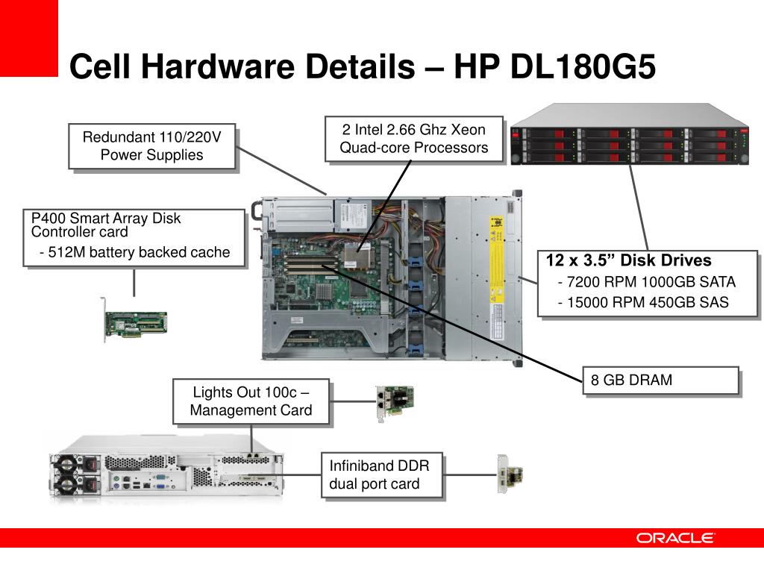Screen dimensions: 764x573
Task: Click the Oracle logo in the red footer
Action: pyautogui.click(x=674, y=538)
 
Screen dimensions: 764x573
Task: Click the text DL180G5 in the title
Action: pyautogui.click(x=582, y=66)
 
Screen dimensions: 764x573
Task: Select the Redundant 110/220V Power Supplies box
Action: pyautogui.click(x=152, y=146)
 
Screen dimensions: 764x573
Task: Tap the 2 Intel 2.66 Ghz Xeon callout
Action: pyautogui.click(x=413, y=138)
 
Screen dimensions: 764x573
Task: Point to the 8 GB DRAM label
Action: pyautogui.click(x=661, y=380)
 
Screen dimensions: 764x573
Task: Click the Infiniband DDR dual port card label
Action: pyautogui.click(x=382, y=475)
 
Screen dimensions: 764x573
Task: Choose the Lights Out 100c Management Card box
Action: pyautogui.click(x=251, y=401)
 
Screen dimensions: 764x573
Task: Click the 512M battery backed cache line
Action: pyautogui.click(x=134, y=252)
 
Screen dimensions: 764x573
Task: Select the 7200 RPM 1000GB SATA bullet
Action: pyautogui.click(x=647, y=281)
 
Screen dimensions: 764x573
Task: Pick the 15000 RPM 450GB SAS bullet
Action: pyautogui.click(x=643, y=302)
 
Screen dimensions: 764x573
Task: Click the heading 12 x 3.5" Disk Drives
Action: pyautogui.click(x=628, y=260)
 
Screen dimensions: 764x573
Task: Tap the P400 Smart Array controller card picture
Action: pyautogui.click(x=135, y=320)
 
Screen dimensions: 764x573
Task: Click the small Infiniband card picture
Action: pyautogui.click(x=510, y=474)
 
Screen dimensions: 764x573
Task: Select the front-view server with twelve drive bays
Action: pyautogui.click(x=630, y=134)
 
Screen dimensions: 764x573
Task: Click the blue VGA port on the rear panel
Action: pyautogui.click(x=159, y=477)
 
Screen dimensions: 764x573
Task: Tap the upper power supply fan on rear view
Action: pyautogui.click(x=66, y=464)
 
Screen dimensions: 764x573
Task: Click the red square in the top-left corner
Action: pyautogui.click(x=29, y=38)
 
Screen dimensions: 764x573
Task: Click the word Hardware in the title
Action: pyautogui.click(x=217, y=66)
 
